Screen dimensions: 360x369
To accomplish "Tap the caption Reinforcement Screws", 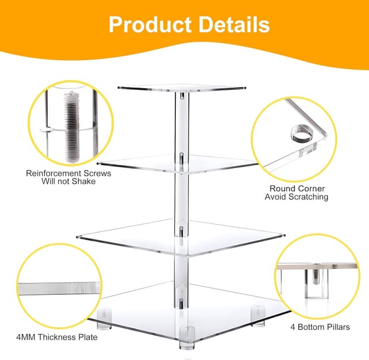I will [69, 173].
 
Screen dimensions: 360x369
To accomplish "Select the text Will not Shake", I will [69, 181].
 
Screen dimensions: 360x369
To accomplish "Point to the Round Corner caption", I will [297, 188].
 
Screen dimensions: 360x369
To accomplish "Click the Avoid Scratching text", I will [297, 197].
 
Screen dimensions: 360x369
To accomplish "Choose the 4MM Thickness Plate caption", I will [64, 337].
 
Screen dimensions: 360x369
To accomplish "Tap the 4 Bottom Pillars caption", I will [319, 327].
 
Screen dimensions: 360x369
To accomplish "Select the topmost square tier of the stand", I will [182, 89].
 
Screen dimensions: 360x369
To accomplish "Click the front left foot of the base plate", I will [104, 317].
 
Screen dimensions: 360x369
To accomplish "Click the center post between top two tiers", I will [182, 124].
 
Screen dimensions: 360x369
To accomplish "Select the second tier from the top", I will [182, 164].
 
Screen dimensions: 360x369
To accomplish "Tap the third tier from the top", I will [182, 237].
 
